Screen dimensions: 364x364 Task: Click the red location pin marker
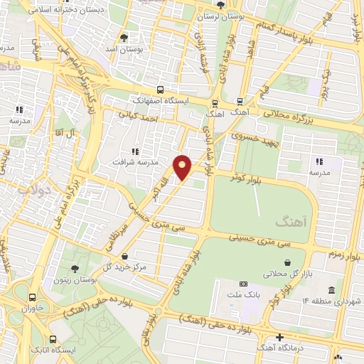click(x=183, y=167)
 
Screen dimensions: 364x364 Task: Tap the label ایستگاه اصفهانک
click(x=162, y=101)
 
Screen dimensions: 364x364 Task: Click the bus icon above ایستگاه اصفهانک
click(x=161, y=90)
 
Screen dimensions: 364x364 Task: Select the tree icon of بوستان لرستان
click(x=221, y=5)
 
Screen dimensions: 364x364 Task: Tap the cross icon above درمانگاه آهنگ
click(x=280, y=336)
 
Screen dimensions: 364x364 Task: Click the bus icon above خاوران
click(x=32, y=298)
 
